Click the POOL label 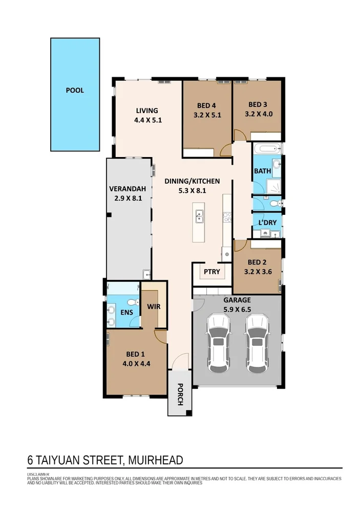75,91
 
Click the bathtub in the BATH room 266,150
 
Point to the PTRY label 211,272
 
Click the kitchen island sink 199,217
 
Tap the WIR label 154,307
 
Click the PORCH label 180,394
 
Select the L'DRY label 267,224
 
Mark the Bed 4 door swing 224,150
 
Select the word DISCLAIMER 38,474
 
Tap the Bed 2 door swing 239,246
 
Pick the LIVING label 146,111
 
